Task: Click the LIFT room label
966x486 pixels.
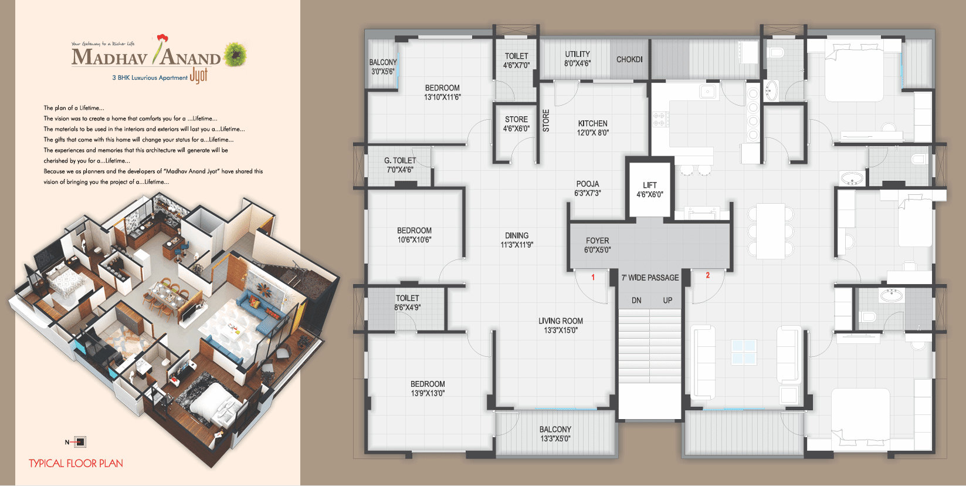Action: click(650, 190)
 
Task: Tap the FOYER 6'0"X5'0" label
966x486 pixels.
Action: click(597, 245)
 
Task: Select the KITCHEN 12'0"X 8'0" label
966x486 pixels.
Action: click(592, 128)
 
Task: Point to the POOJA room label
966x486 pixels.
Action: click(587, 188)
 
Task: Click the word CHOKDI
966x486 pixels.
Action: click(629, 59)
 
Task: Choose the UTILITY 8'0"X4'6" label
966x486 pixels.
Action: click(577, 59)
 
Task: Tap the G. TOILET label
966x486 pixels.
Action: click(400, 165)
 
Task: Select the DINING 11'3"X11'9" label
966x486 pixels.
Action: click(517, 240)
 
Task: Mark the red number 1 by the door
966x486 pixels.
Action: click(593, 277)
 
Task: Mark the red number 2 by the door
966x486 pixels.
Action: click(708, 275)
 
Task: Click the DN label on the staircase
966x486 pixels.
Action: click(636, 301)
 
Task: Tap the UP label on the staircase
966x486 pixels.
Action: click(667, 301)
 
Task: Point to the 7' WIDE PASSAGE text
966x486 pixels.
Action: click(650, 278)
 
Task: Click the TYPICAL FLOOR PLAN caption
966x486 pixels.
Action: click(76, 464)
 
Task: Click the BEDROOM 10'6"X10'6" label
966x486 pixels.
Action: click(414, 235)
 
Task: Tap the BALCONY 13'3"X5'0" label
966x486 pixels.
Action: click(555, 434)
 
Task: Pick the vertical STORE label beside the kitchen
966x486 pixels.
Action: click(546, 120)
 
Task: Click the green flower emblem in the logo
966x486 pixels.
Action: click(235, 54)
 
